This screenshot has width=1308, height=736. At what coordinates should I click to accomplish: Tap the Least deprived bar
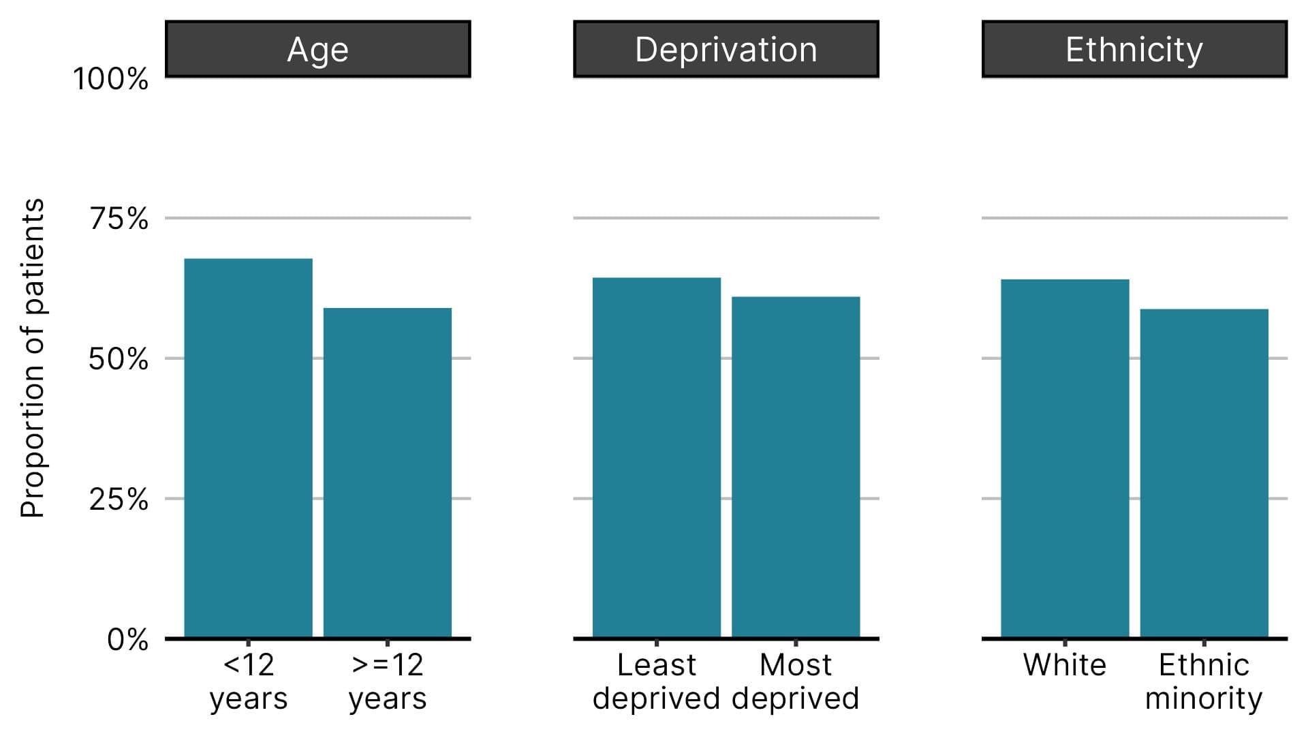pyautogui.click(x=656, y=457)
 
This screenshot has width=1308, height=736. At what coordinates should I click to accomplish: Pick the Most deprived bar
pyautogui.click(x=796, y=467)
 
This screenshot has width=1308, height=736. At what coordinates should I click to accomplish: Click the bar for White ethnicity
pyautogui.click(x=1065, y=458)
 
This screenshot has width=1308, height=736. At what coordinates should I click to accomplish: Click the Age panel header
pyautogui.click(x=317, y=49)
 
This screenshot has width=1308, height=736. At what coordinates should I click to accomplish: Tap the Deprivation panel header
pyautogui.click(x=726, y=49)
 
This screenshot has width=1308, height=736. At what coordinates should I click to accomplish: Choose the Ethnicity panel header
pyautogui.click(x=1134, y=49)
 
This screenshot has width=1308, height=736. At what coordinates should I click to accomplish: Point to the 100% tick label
pyautogui.click(x=110, y=79)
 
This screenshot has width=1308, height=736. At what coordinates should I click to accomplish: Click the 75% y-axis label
pyautogui.click(x=119, y=219)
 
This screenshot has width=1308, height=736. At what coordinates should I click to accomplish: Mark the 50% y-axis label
pyautogui.click(x=118, y=359)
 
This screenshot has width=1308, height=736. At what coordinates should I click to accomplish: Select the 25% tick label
pyautogui.click(x=119, y=500)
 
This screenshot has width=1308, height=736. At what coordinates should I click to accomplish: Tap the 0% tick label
pyautogui.click(x=127, y=640)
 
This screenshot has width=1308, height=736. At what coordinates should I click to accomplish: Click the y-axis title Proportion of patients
pyautogui.click(x=32, y=358)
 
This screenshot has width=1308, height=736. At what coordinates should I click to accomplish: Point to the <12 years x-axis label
pyautogui.click(x=248, y=681)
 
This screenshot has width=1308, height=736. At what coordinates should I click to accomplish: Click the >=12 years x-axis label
pyautogui.click(x=387, y=681)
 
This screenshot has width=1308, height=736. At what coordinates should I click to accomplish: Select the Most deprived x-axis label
pyautogui.click(x=796, y=681)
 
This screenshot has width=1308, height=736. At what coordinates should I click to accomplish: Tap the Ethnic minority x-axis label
pyautogui.click(x=1204, y=681)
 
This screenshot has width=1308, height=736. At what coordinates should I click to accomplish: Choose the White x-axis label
pyautogui.click(x=1065, y=664)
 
